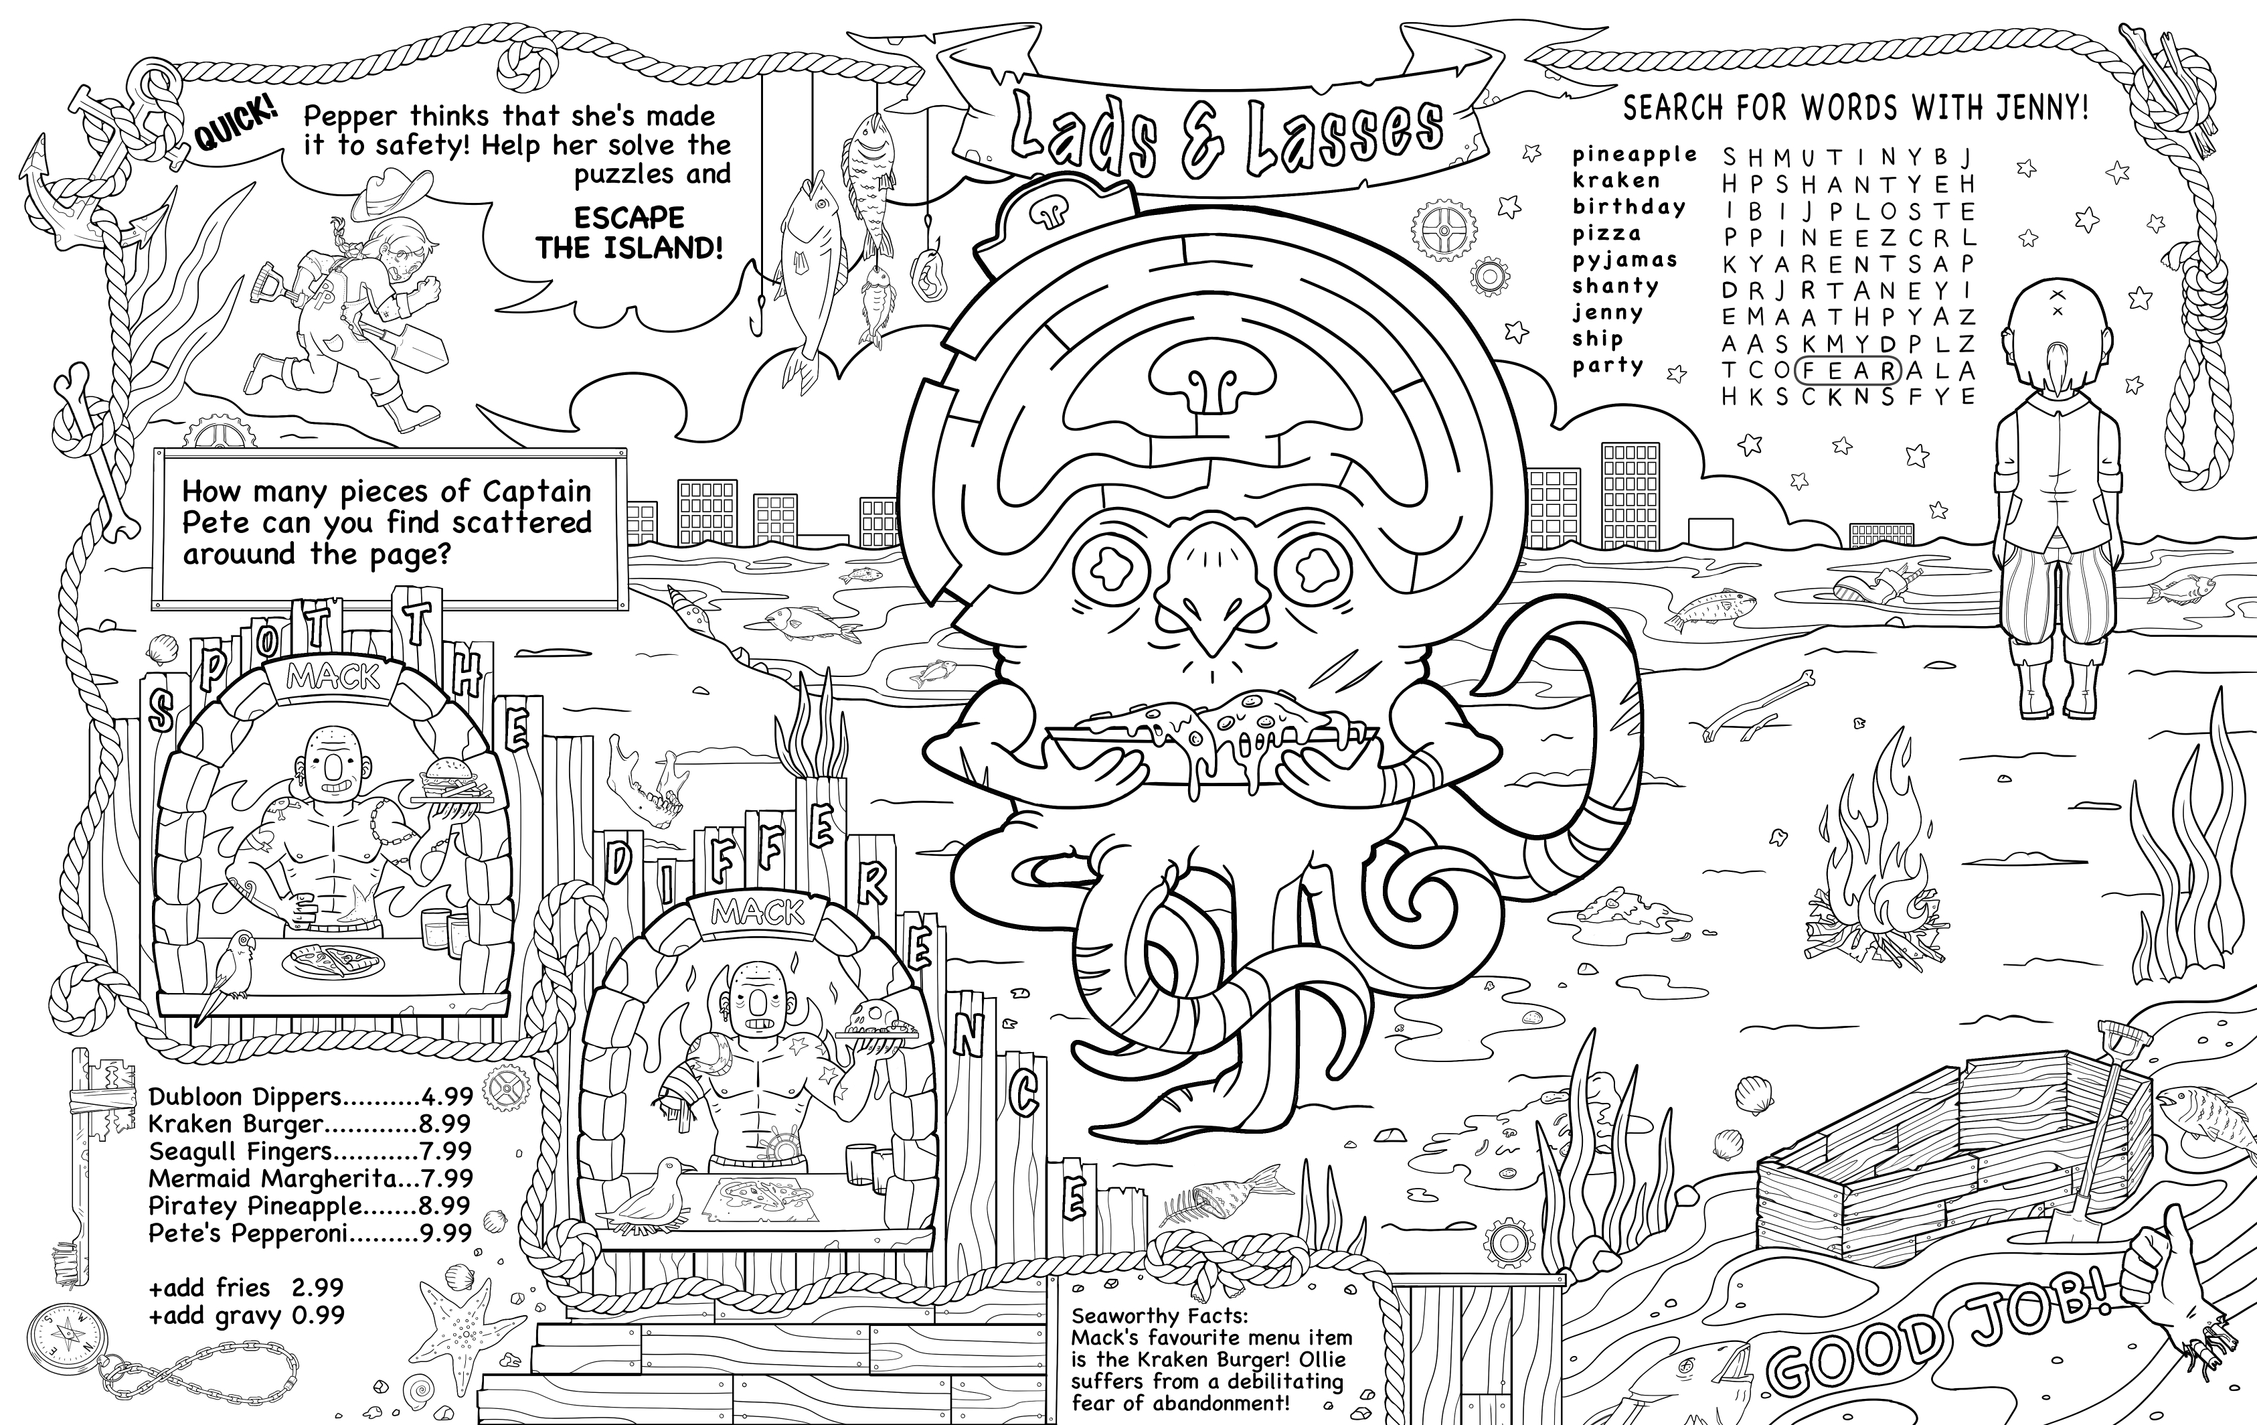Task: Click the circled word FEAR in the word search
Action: click(x=1847, y=370)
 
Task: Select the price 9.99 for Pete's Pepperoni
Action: click(x=445, y=1233)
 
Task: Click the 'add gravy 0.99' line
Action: click(x=246, y=1315)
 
